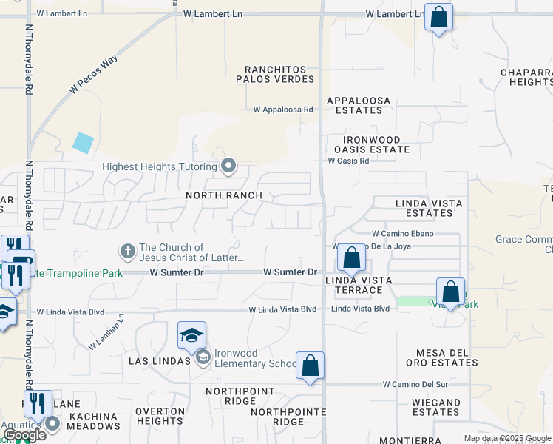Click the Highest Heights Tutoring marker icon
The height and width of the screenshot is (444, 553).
[x=229, y=166]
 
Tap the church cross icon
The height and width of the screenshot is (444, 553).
[x=127, y=252]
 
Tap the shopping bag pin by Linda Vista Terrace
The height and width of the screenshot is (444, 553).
[x=352, y=258]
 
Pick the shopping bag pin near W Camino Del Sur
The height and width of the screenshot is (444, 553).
[x=310, y=365]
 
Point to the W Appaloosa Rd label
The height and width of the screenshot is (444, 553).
[x=283, y=110]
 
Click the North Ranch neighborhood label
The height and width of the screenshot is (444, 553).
[x=224, y=195]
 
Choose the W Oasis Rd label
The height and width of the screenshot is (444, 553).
[x=348, y=160]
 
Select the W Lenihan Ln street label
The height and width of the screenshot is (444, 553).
[x=106, y=332]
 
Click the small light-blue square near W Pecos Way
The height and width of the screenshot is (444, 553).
[x=84, y=142]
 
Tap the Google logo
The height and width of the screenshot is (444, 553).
[x=25, y=435]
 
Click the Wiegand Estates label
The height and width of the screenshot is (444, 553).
[x=436, y=407]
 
